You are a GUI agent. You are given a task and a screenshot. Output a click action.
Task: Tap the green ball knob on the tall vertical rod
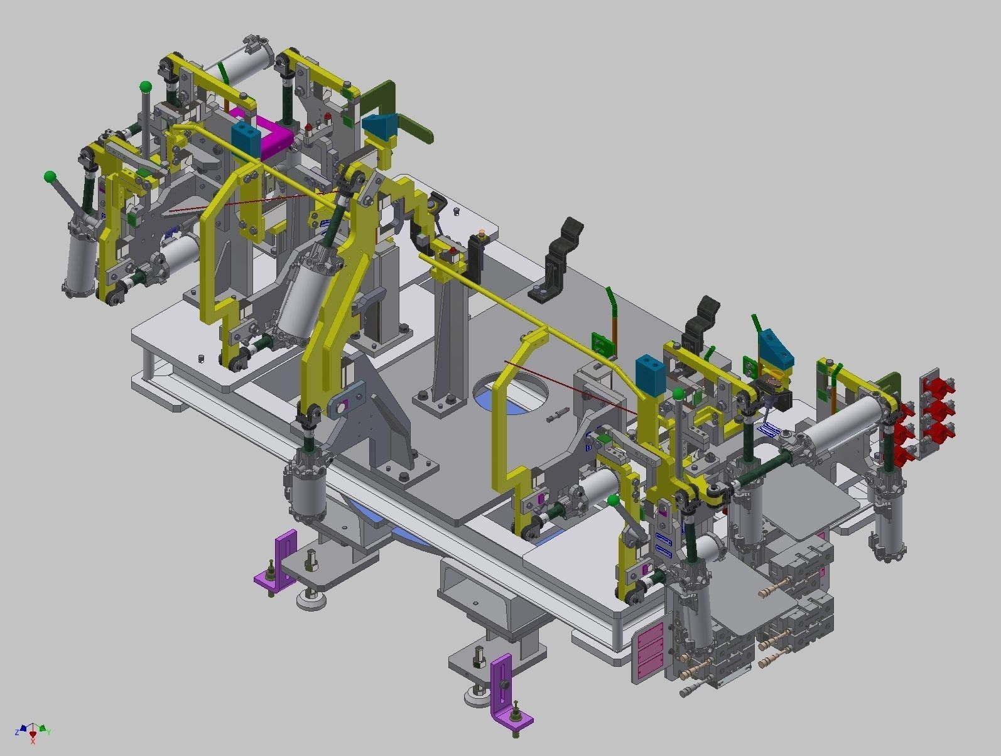pos(146,86)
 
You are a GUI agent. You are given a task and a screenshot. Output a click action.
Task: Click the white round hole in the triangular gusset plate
pos(341,408)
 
